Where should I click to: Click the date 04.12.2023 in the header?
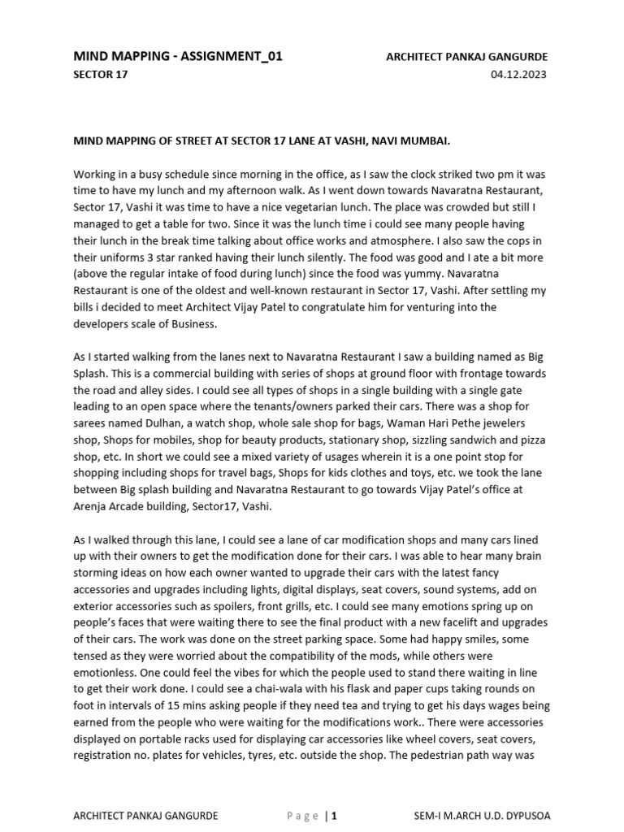[518, 75]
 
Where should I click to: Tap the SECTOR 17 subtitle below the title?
[101, 75]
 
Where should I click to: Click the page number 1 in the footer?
[334, 816]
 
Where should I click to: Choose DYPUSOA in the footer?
[526, 816]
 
